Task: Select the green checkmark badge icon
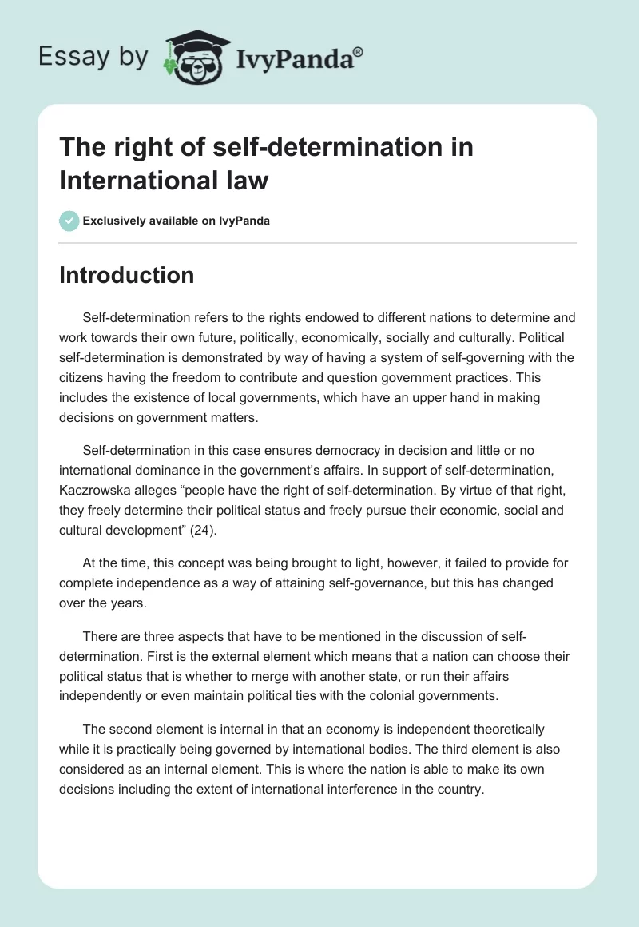click(x=69, y=221)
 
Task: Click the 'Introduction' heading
click(x=127, y=275)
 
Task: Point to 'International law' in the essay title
click(x=164, y=181)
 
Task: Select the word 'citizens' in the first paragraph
click(x=85, y=376)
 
